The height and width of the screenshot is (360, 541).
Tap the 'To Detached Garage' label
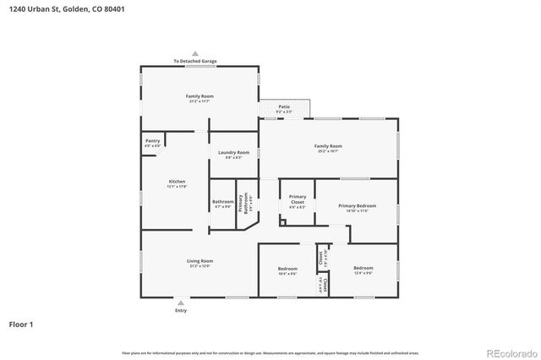click(x=195, y=62)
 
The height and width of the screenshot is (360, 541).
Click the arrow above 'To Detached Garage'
click(x=195, y=53)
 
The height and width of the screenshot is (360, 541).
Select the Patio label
click(x=284, y=108)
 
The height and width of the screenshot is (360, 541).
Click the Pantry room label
click(x=152, y=143)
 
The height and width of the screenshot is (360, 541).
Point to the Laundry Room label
click(x=233, y=155)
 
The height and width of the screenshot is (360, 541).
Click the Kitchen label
click(x=177, y=183)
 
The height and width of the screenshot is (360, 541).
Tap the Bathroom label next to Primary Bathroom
click(x=222, y=203)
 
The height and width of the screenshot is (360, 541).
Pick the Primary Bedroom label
click(x=357, y=208)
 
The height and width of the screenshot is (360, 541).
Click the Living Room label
click(x=199, y=263)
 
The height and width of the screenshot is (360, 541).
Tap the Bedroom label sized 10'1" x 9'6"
click(x=287, y=270)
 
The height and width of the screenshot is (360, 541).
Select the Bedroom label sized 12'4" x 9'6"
click(x=363, y=270)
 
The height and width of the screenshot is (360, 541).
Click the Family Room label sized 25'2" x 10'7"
click(x=329, y=148)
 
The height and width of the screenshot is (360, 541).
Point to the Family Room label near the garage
click(x=199, y=98)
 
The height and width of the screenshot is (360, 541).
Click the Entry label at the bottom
click(x=181, y=311)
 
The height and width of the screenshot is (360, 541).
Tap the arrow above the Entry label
click(x=181, y=302)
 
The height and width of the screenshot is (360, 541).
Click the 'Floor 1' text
click(x=20, y=324)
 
